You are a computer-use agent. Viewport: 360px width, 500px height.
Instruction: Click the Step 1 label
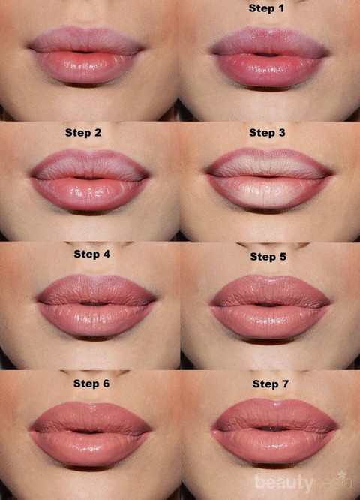point(266,8)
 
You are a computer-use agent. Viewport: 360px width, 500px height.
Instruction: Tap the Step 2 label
point(83,133)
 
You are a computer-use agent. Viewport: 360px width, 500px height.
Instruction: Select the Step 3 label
point(267,133)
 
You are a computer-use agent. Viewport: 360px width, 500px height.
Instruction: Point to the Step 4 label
point(91,254)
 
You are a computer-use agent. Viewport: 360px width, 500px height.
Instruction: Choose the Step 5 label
point(268,256)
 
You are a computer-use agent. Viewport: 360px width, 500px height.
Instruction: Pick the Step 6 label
point(91,384)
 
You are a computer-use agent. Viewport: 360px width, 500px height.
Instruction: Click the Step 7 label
point(271,384)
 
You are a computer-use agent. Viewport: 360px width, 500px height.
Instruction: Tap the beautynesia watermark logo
point(304,482)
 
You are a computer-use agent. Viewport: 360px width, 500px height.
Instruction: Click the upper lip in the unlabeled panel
point(86,40)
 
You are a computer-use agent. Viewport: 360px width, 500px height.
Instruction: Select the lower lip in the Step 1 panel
point(270,70)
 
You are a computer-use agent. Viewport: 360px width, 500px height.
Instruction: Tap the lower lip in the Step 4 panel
point(95,319)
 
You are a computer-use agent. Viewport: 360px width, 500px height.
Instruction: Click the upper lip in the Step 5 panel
point(271,291)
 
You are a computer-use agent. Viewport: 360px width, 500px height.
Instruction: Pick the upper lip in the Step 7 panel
point(274,414)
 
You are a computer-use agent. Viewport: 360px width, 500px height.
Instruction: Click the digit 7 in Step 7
point(285,384)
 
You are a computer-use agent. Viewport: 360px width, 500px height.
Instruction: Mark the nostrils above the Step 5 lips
point(273,246)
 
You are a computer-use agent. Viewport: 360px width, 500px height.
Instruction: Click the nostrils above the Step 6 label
point(94,373)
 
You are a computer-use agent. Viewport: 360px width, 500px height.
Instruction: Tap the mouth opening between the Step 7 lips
point(273,429)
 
